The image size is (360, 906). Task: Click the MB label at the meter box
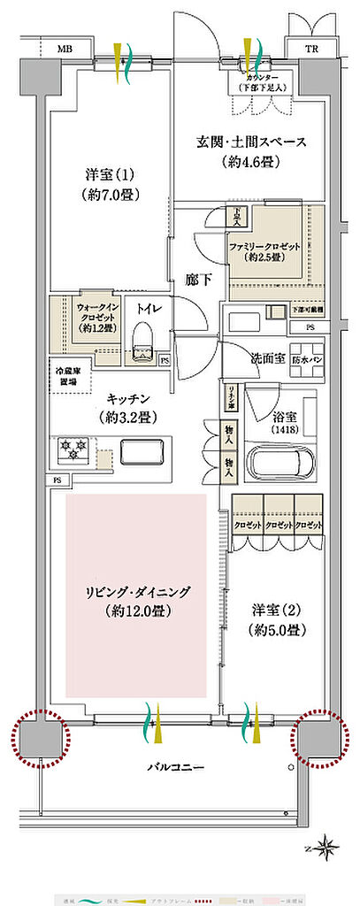click(x=65, y=49)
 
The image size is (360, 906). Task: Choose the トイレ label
click(x=145, y=310)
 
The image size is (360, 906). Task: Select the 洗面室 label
click(x=266, y=360)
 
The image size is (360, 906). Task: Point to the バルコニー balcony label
click(x=172, y=767)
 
